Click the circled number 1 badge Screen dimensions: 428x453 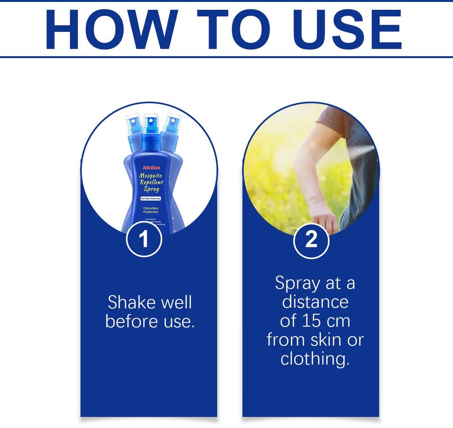tap(144, 240)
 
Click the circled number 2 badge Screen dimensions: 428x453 tap(311, 240)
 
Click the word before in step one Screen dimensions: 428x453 tap(128, 321)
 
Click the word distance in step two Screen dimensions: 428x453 tap(315, 302)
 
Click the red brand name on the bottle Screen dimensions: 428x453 tap(150, 168)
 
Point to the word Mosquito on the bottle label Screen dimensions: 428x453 tap(151, 176)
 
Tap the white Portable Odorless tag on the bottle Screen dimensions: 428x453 tap(150, 199)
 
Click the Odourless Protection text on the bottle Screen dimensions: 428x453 tap(150, 209)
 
